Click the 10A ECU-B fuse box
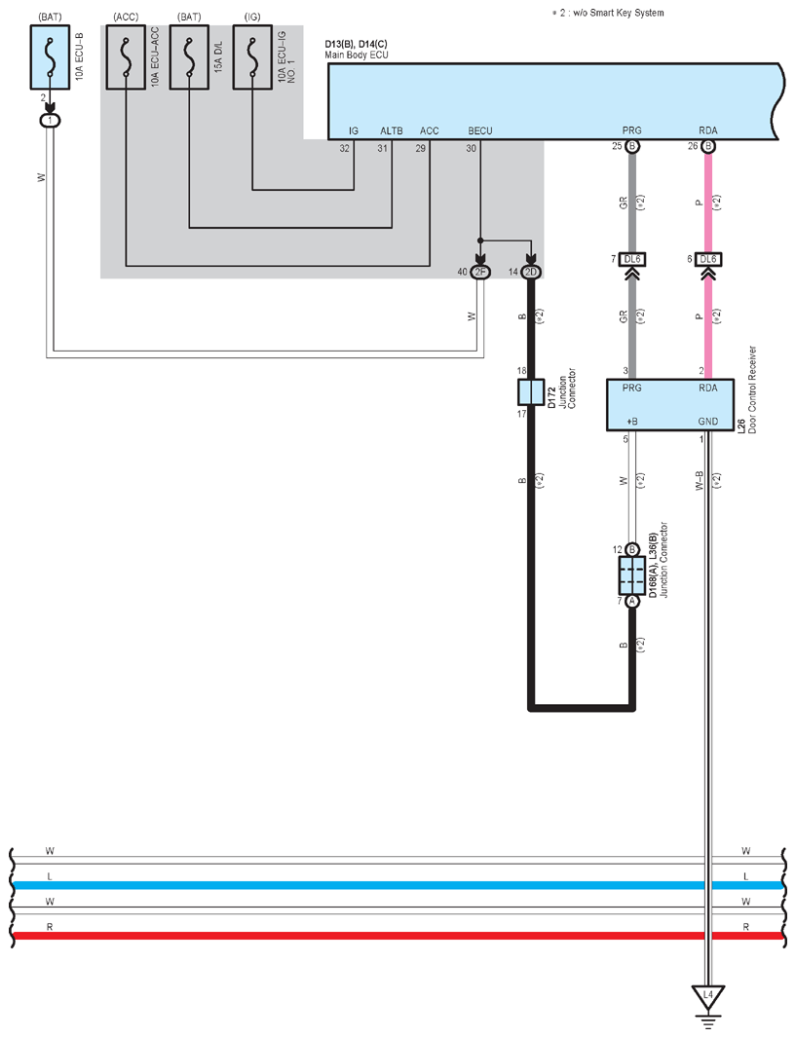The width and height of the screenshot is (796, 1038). (50, 56)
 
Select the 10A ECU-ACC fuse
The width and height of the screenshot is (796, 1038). (126, 56)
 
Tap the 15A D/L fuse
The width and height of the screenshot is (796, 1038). (189, 56)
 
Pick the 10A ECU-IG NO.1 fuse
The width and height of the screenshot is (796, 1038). (252, 56)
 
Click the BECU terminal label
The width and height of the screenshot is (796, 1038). (480, 131)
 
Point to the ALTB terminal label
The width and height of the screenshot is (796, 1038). (392, 131)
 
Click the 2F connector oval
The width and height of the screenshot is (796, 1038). (480, 272)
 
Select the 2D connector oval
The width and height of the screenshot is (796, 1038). (531, 272)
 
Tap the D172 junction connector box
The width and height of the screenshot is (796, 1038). (531, 391)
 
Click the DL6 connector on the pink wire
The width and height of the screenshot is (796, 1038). (708, 259)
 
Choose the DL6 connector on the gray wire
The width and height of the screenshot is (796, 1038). (632, 259)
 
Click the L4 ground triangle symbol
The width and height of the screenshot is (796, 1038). (708, 997)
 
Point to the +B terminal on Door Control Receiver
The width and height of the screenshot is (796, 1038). (631, 421)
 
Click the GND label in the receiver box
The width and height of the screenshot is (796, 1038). (708, 421)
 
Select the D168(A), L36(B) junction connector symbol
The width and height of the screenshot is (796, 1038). (631, 575)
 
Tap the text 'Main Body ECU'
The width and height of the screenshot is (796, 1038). (357, 55)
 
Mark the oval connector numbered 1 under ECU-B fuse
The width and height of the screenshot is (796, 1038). (50, 121)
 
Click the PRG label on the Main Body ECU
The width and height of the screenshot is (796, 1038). (631, 131)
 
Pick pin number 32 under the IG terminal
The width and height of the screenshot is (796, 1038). (344, 148)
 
